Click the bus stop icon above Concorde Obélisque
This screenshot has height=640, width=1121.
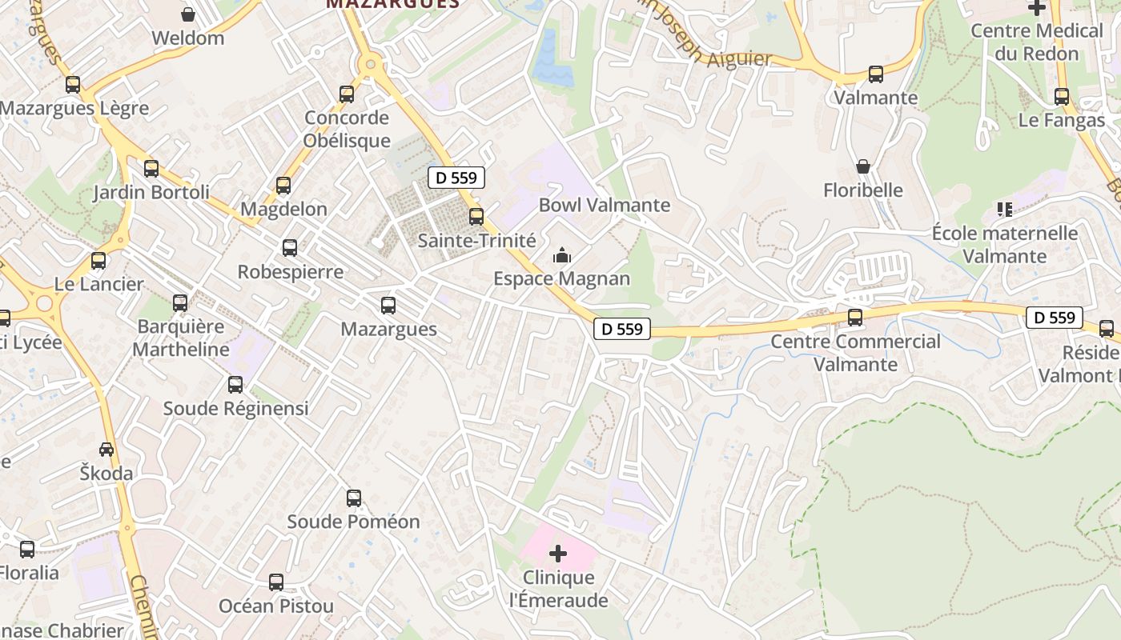tap(347, 94)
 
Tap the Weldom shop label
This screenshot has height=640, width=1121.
tap(187, 38)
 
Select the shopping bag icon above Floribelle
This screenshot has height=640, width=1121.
tap(863, 166)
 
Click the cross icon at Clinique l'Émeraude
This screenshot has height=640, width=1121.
tap(558, 554)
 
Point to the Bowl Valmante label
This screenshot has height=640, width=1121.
tap(604, 205)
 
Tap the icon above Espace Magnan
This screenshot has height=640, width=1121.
tap(562, 256)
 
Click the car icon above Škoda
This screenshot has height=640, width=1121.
tap(106, 450)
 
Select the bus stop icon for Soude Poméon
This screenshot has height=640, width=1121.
tap(354, 498)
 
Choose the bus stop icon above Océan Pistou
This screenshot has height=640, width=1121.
tap(276, 582)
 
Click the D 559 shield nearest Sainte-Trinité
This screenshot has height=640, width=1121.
tap(456, 178)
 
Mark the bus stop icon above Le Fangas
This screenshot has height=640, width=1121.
tap(1062, 97)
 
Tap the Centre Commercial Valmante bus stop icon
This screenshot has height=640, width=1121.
tap(855, 318)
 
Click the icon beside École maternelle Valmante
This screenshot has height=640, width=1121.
tap(1004, 210)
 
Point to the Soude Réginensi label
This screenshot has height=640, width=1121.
tap(235, 408)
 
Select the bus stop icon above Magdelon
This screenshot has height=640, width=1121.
tap(283, 186)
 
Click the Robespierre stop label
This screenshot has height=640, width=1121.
tap(290, 272)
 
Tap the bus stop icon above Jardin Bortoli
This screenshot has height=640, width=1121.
tap(151, 169)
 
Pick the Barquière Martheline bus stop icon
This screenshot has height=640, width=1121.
tap(180, 303)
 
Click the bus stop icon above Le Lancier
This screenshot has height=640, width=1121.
tap(98, 261)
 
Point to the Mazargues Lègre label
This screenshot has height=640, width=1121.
tap(74, 108)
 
